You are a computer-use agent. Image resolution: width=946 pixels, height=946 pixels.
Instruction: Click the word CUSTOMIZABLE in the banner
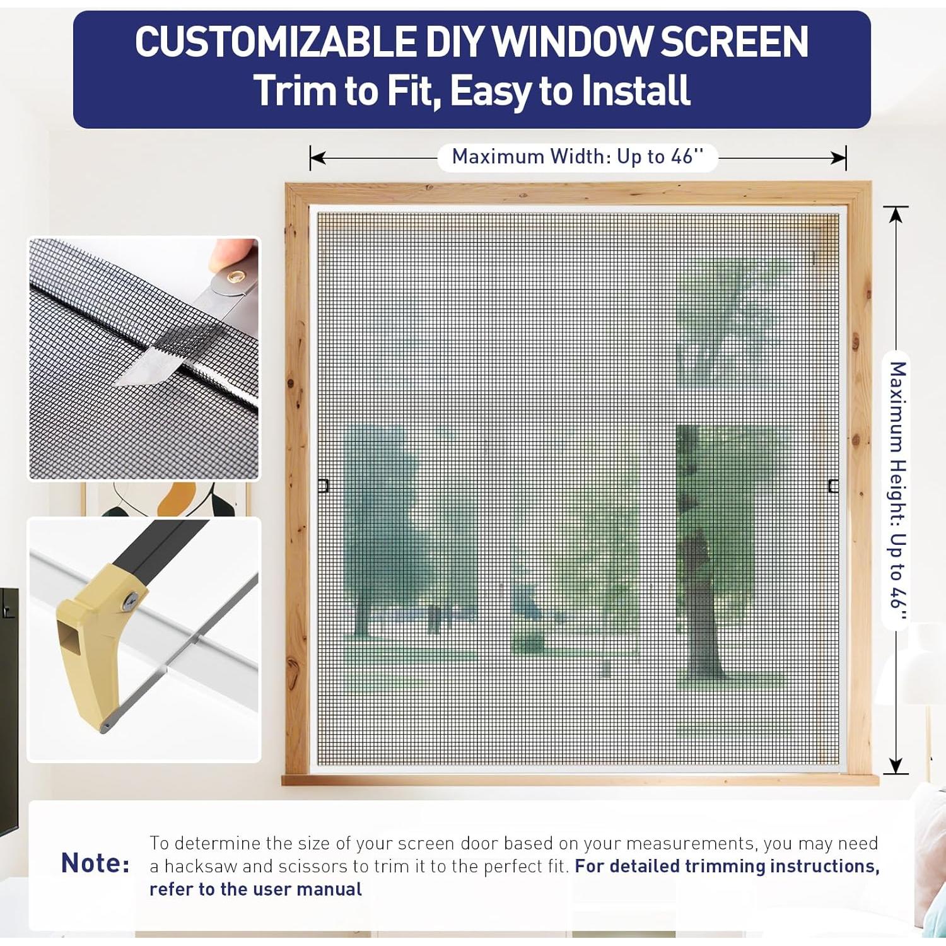tap(274, 42)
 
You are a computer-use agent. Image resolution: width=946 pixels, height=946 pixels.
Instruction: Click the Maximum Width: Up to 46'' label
tap(577, 156)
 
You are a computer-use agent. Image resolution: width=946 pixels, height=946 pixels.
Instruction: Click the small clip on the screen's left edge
tap(324, 486)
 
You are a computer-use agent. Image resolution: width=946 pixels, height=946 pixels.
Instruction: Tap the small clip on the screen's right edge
tap(833, 486)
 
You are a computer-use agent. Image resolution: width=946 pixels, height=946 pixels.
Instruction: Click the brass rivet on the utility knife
tap(238, 276)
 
